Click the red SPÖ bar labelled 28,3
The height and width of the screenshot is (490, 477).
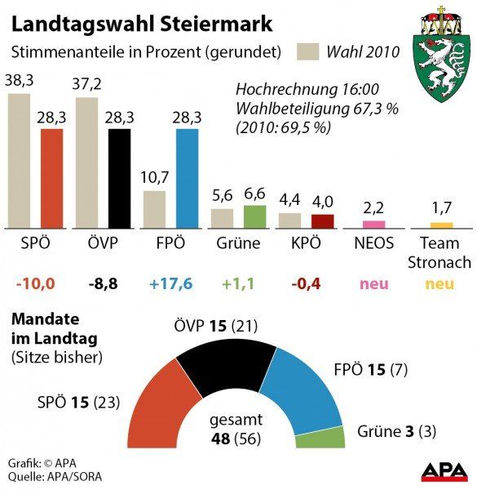(x=51, y=178)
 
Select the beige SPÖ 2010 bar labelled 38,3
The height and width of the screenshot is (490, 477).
(x=19, y=161)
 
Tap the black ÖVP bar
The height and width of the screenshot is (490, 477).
(x=119, y=178)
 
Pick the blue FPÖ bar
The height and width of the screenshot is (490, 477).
(x=187, y=178)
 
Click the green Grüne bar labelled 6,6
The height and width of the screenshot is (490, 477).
(x=254, y=216)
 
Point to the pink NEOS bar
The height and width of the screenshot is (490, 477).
(x=373, y=224)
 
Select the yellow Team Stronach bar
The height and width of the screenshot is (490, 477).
(x=441, y=225)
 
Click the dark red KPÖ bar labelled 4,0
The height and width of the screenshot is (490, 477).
(x=322, y=220)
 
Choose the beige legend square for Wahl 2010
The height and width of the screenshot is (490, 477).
(x=307, y=52)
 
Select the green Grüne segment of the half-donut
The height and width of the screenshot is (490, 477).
(x=319, y=438)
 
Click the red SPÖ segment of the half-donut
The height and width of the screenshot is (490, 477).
(x=157, y=408)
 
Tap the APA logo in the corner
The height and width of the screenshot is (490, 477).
(x=444, y=472)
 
